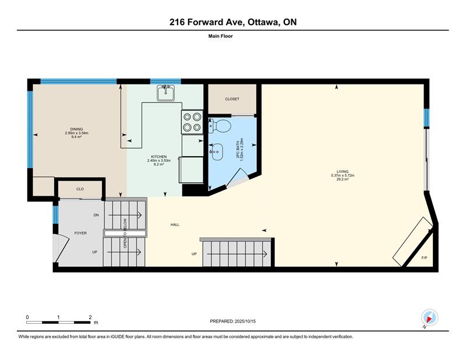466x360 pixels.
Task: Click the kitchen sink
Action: [165, 93]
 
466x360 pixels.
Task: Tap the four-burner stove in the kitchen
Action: [192, 122]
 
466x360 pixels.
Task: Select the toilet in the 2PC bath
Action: [220, 126]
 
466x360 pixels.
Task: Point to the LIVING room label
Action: [343, 171]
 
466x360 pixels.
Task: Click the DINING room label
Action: [76, 129]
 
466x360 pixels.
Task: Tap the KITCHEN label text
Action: [159, 157]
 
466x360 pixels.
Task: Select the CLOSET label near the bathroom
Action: [232, 99]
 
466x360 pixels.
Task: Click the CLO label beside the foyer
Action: [80, 189]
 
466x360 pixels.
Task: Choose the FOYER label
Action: [80, 234]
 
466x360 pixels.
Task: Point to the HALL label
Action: [175, 225]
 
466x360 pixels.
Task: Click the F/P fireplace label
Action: [425, 257]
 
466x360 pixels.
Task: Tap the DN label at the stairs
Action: [96, 215]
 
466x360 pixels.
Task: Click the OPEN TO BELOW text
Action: [125, 234]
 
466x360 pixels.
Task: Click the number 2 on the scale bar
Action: [90, 317]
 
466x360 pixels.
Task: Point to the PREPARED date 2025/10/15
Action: [245, 322]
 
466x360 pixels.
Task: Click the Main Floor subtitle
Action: [221, 36]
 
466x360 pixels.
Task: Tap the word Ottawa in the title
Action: [263, 22]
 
